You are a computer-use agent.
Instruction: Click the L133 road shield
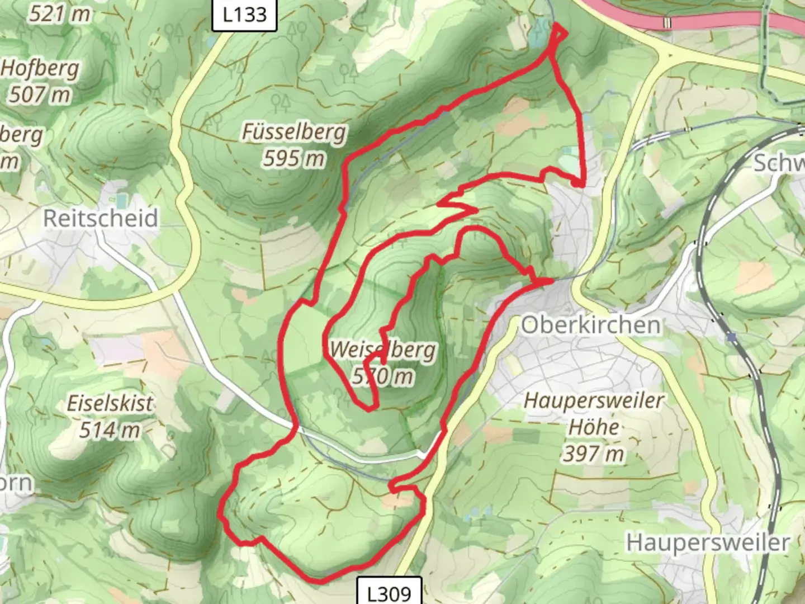coord(244,15)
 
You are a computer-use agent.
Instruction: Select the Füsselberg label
coord(294,132)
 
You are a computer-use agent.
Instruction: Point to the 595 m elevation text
coord(294,159)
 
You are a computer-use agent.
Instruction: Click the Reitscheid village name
coord(101,218)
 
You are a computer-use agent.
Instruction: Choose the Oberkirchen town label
coord(590,324)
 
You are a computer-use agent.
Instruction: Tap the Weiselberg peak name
coord(383,350)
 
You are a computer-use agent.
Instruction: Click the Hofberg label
coord(40,68)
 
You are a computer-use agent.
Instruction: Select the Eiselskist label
coord(110,403)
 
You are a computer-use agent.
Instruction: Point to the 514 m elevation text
coord(110,430)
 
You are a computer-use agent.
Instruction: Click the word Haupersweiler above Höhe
coord(594,400)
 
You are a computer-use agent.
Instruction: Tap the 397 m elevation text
coord(594,454)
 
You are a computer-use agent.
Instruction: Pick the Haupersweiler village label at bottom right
coord(708,542)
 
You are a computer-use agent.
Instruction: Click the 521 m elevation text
coord(59,13)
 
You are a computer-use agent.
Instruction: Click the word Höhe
coord(594,427)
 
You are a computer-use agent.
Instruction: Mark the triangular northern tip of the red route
coord(558,32)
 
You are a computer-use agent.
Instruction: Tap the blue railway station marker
coord(732,337)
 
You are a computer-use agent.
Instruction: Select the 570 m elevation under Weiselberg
coord(383,376)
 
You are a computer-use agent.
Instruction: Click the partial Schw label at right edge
coord(779,163)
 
